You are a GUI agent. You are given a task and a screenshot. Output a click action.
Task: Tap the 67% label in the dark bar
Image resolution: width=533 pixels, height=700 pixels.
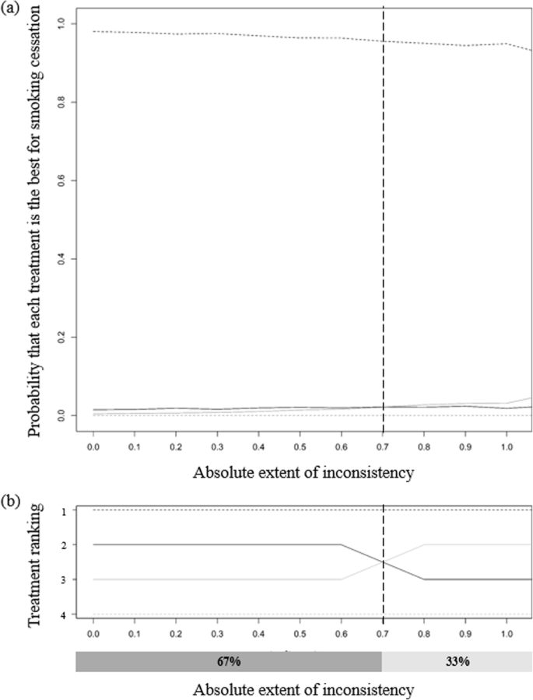pyautogui.click(x=228, y=661)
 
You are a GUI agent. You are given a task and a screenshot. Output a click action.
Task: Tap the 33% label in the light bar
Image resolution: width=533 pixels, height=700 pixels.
pyautogui.click(x=457, y=661)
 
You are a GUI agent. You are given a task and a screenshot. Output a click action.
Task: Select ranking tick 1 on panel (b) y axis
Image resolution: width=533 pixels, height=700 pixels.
pyautogui.click(x=62, y=510)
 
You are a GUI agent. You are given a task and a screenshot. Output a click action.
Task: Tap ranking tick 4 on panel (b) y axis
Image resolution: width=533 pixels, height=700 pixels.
pyautogui.click(x=62, y=615)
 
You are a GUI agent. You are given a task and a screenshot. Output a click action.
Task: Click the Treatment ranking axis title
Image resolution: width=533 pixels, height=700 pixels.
pyautogui.click(x=38, y=562)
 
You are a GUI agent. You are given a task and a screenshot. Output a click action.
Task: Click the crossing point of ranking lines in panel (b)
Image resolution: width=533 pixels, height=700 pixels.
pyautogui.click(x=383, y=562)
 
